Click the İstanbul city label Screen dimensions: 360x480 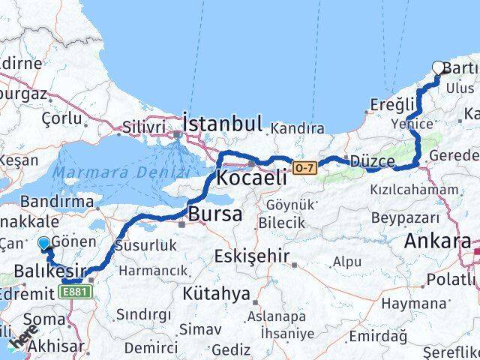click(223, 124)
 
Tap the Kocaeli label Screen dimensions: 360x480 click(251, 178)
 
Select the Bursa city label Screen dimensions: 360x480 click(215, 214)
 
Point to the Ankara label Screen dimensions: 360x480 click(437, 241)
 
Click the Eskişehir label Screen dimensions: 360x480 click(252, 256)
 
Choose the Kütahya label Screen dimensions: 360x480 click(214, 293)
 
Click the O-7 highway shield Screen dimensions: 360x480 click(302, 166)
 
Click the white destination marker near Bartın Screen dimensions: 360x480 click(439, 68)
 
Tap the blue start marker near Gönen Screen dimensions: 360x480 click(43, 243)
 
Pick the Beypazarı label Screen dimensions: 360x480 click(406, 217)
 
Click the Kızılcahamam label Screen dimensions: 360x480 click(413, 190)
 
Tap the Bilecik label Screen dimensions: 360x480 click(281, 223)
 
